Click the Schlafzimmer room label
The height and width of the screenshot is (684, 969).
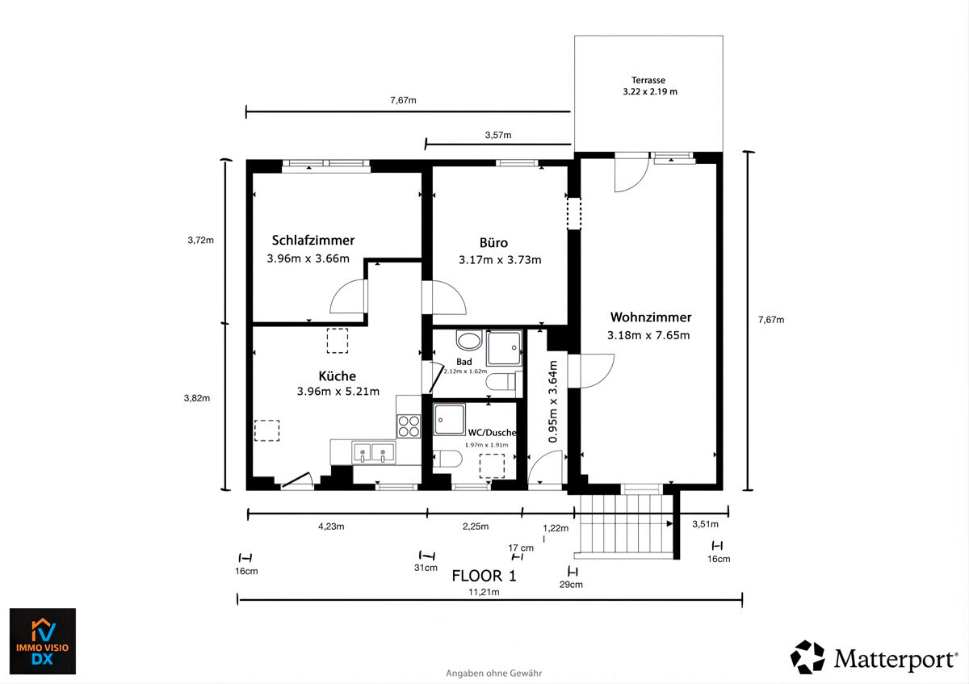tap(313, 241)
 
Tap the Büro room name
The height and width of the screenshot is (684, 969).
tap(493, 243)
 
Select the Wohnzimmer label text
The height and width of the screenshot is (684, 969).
tap(651, 317)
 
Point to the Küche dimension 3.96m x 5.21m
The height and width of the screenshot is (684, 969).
tap(338, 392)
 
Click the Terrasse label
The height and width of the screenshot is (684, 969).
tap(648, 80)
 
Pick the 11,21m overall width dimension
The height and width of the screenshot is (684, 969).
tap(484, 592)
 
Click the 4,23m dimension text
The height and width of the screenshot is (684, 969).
tap(331, 527)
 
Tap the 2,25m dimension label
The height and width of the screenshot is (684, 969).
tap(476, 527)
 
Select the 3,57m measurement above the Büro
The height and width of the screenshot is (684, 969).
tap(498, 135)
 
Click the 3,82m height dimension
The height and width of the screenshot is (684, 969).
tap(197, 398)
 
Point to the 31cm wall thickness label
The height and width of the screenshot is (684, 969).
tap(426, 568)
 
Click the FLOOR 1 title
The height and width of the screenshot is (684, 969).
tap(484, 576)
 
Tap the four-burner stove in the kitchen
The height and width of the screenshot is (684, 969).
tap(409, 426)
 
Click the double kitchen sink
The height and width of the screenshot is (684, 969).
tap(374, 452)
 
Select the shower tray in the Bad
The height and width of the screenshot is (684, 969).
tap(504, 348)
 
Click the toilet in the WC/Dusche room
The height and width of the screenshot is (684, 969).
tap(447, 459)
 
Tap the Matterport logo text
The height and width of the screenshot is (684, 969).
tap(896, 660)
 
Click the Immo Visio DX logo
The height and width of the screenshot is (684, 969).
tap(43, 641)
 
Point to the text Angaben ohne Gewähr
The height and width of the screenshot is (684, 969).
tap(493, 674)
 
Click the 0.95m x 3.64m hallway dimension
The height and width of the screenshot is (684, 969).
tap(553, 402)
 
